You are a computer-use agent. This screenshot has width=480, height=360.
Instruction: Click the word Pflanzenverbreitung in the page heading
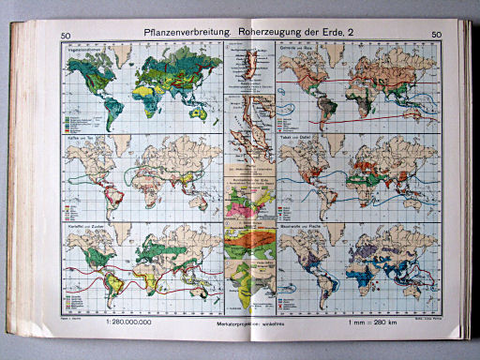pos(182,36)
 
